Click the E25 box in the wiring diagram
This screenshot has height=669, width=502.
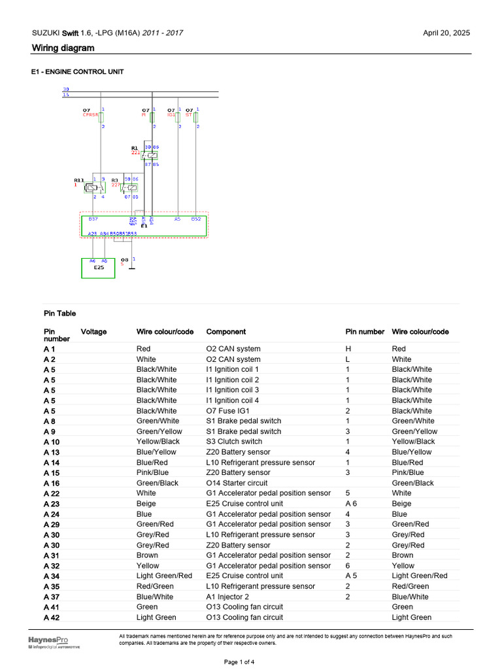[x=97, y=268]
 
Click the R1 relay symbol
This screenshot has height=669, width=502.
[x=152, y=155]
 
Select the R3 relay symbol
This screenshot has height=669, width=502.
[x=131, y=186]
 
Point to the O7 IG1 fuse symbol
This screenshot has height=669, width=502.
[x=178, y=117]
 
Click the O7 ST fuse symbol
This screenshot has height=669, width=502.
[x=196, y=117]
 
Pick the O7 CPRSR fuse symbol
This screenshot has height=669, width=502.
[x=101, y=118]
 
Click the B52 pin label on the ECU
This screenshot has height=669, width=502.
[x=196, y=220]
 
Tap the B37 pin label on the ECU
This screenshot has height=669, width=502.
[x=93, y=220]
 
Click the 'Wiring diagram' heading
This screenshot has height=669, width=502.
[x=63, y=48]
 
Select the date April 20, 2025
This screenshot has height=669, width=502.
[x=446, y=33]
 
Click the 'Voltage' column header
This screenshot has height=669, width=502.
[x=93, y=332]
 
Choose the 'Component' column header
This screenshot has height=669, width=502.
[x=226, y=332]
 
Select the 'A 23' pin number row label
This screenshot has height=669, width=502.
[x=51, y=504]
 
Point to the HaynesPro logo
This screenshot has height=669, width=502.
[x=48, y=642]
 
